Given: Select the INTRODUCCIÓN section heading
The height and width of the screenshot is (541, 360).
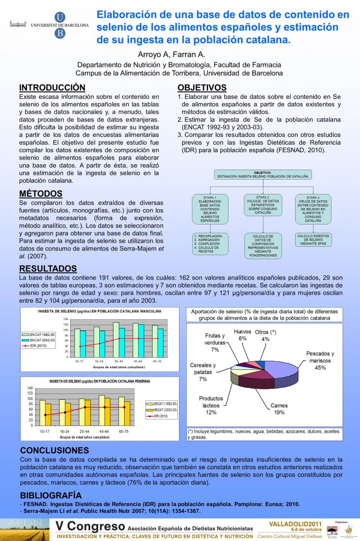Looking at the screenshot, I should tap(52, 87).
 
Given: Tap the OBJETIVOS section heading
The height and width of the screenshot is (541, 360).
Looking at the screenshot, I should tap(202, 87).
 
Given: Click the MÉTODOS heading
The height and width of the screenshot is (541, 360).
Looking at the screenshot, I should tap(40, 193).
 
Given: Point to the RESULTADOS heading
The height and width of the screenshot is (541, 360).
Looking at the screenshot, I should tap(48, 269).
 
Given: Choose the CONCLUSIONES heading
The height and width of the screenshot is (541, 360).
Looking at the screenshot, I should tap(54, 450).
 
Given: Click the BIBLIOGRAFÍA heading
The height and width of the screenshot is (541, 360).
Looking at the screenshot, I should tap(51, 495).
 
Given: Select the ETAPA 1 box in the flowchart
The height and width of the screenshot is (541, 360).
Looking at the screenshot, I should tap(210, 209).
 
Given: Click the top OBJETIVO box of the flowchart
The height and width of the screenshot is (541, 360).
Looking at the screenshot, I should tap(262, 174).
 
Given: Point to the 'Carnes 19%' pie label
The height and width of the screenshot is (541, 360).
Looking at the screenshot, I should tap(279, 409).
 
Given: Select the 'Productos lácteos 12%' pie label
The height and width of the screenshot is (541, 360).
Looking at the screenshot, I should tap(211, 405).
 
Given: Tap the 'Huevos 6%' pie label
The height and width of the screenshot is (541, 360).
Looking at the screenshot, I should tap(242, 335).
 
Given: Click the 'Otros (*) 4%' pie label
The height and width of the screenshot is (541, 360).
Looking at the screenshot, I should tap(265, 335).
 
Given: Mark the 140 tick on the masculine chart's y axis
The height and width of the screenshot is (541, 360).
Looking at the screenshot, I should tap(65, 320).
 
